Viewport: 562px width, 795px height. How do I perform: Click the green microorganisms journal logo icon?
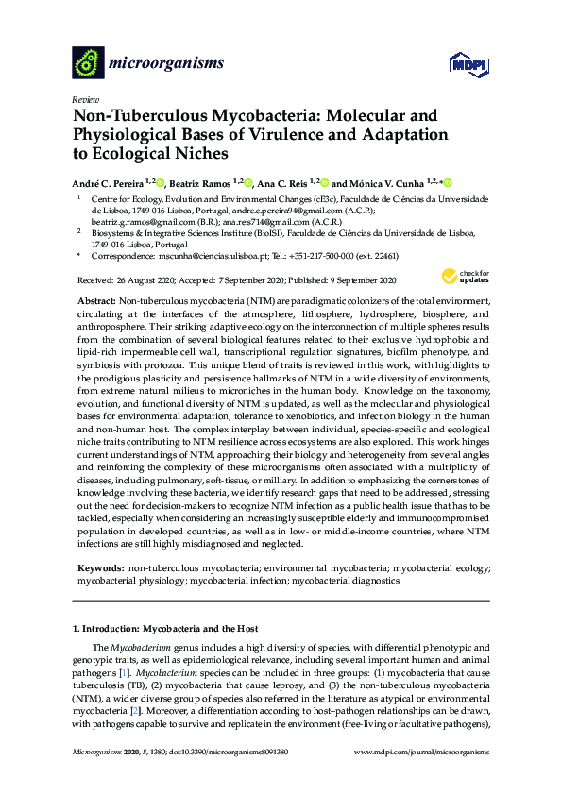pos(88,63)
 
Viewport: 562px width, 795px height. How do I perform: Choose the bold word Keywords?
pos(100,569)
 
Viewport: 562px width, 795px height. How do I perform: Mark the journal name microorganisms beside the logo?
pos(166,63)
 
